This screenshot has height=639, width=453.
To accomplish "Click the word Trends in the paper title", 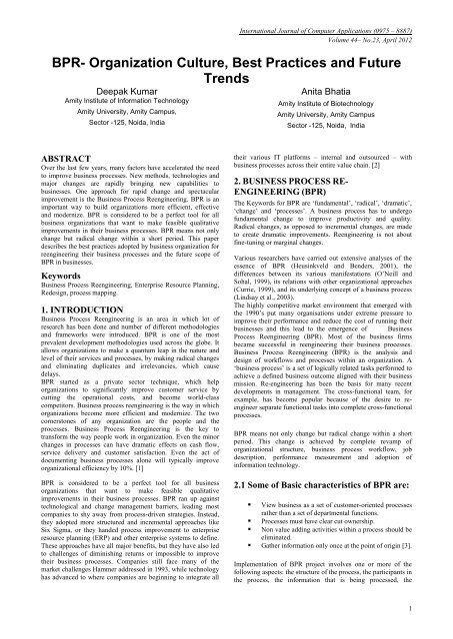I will (x=226, y=72).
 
